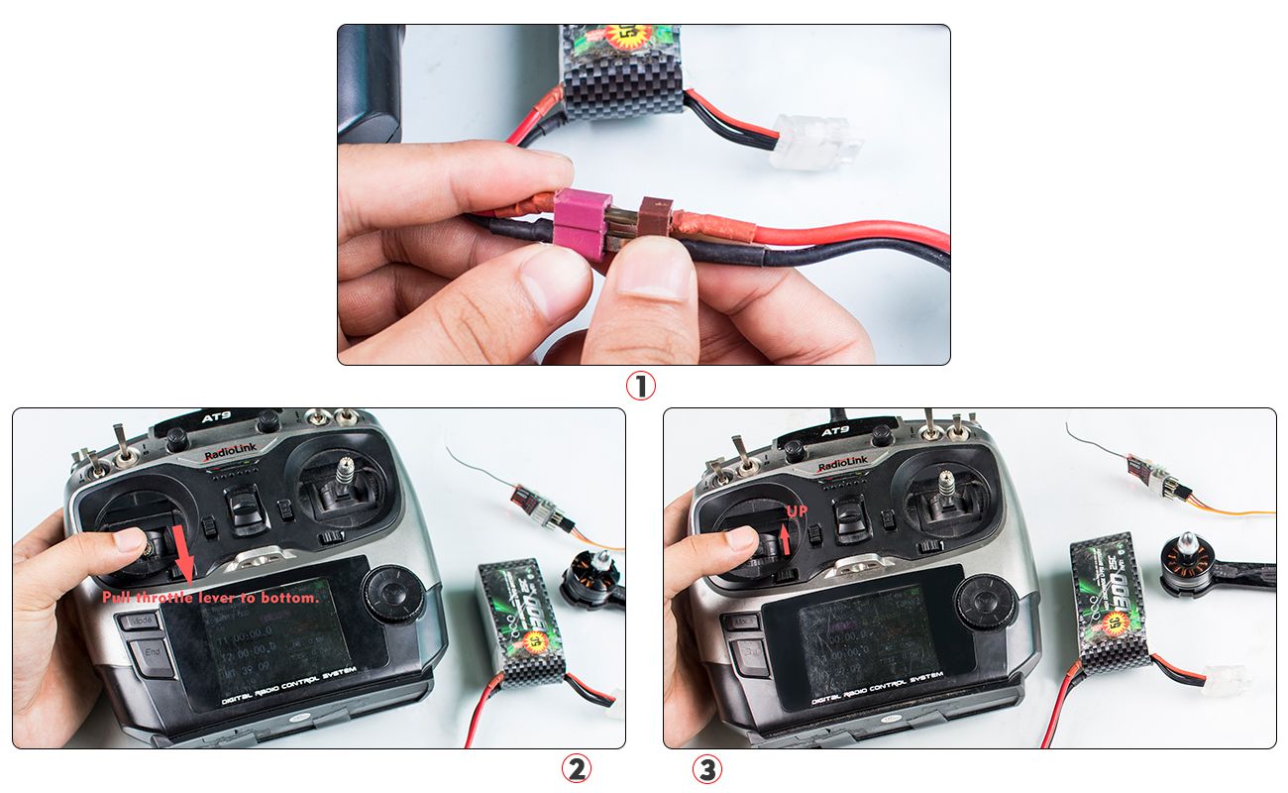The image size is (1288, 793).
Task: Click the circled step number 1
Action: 641,386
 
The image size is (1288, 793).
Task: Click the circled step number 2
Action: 578,768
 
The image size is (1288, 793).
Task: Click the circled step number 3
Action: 706,768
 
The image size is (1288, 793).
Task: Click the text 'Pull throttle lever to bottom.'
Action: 211,598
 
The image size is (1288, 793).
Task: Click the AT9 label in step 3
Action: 835,432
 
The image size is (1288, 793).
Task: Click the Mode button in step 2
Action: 142,622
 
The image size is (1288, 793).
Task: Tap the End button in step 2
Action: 151,653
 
